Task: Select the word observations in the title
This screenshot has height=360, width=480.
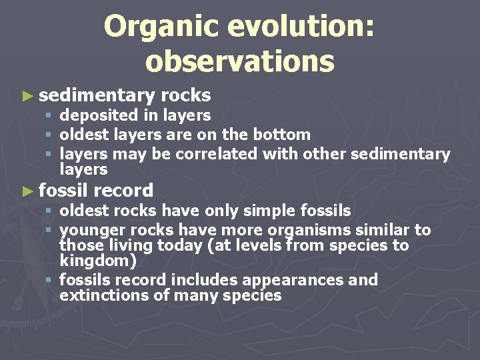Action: pyautogui.click(x=239, y=61)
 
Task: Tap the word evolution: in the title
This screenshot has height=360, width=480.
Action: pyautogui.click(x=301, y=27)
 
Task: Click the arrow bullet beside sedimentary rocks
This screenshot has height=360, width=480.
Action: pyautogui.click(x=27, y=96)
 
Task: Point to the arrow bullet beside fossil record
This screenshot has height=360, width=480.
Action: pyautogui.click(x=27, y=191)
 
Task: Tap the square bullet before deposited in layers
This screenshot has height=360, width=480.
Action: pyautogui.click(x=48, y=116)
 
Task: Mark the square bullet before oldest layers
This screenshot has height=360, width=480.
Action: pyautogui.click(x=48, y=135)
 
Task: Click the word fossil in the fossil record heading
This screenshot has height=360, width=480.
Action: pyautogui.click(x=63, y=191)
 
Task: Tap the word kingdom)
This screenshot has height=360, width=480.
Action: pyautogui.click(x=97, y=261)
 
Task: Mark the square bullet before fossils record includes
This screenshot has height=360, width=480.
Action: pyautogui.click(x=48, y=280)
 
